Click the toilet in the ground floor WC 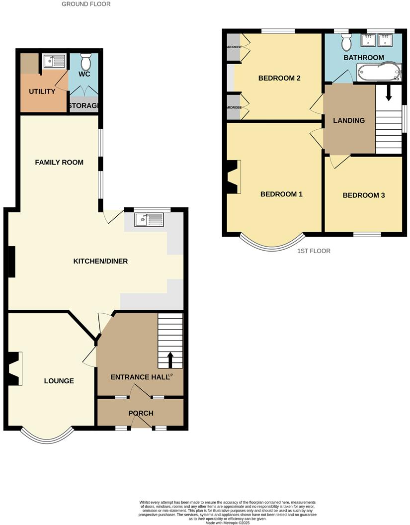click(85, 62)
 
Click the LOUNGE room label click(59, 381)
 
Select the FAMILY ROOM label click(59, 162)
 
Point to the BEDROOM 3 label click(364, 195)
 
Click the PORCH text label click(141, 413)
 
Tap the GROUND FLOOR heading click(86, 4)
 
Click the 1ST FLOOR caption click(314, 251)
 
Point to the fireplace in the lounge click(14, 368)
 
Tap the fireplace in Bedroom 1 click(234, 177)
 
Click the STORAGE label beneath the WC click(83, 106)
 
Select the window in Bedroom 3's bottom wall click(367, 233)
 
